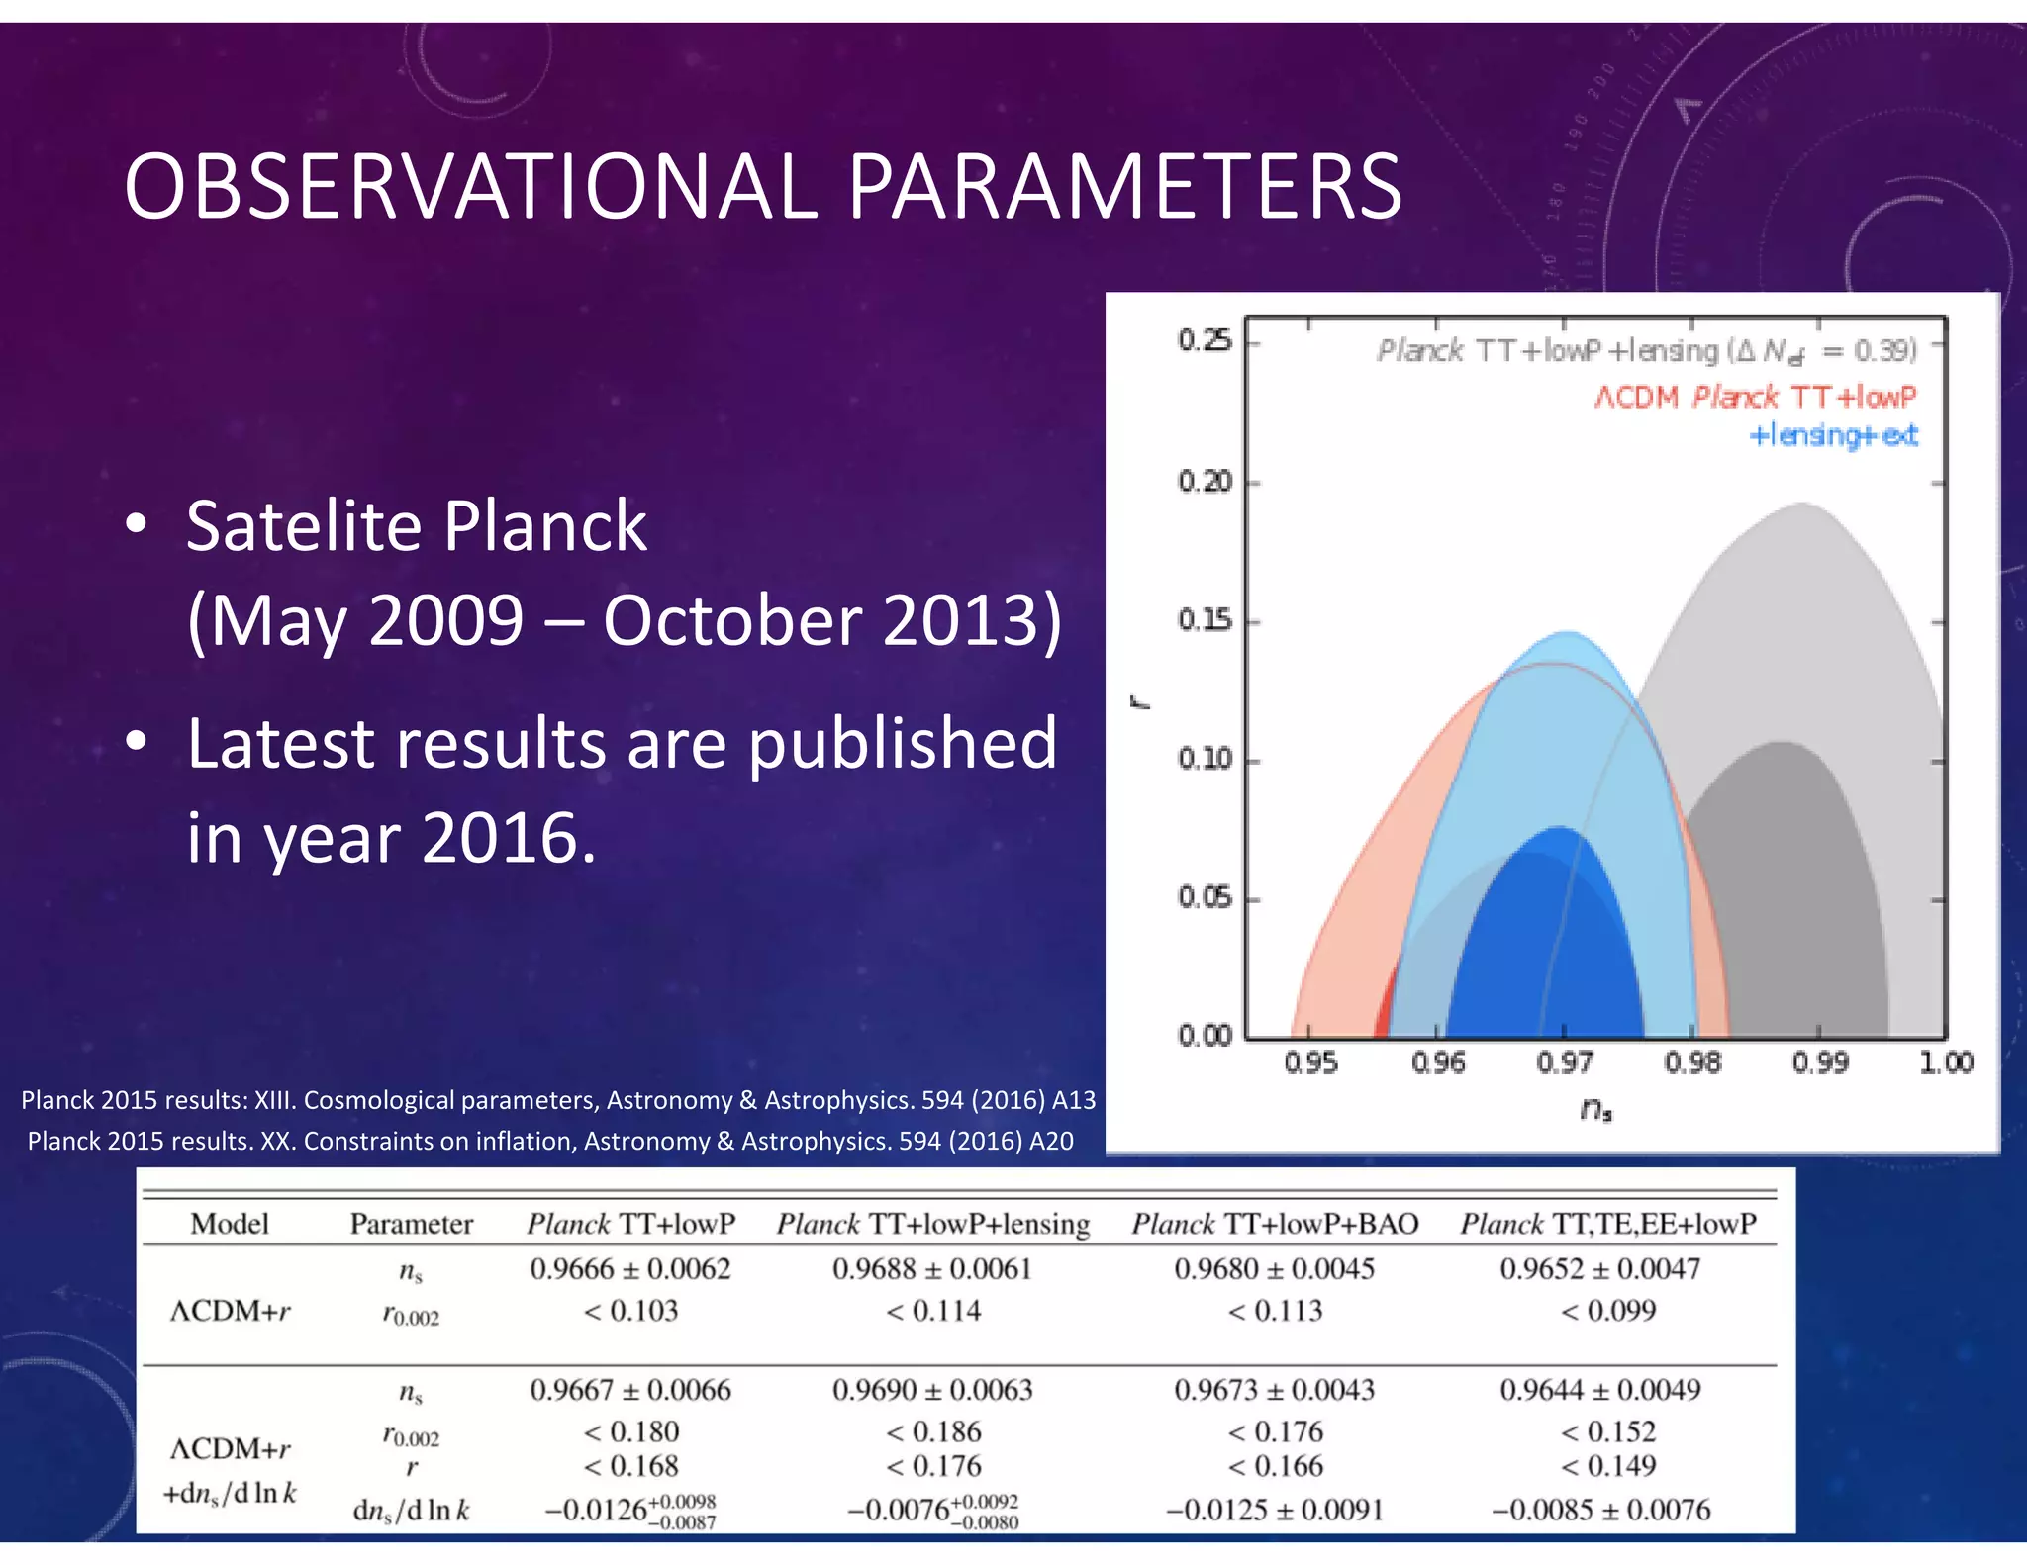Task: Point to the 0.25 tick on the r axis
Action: point(1204,341)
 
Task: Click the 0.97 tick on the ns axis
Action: point(1564,1062)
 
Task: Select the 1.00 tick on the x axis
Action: point(1945,1062)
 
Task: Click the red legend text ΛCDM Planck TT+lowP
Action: point(1754,397)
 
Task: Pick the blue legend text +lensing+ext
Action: point(1833,435)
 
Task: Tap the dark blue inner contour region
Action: point(1544,950)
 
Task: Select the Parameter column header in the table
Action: point(411,1224)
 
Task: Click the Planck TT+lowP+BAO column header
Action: point(1275,1224)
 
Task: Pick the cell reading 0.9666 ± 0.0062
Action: point(630,1269)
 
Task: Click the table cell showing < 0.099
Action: point(1608,1311)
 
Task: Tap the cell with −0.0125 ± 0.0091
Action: point(1275,1510)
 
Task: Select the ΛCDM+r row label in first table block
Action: point(231,1311)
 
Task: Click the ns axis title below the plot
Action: point(1595,1110)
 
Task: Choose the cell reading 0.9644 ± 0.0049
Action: point(1600,1390)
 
